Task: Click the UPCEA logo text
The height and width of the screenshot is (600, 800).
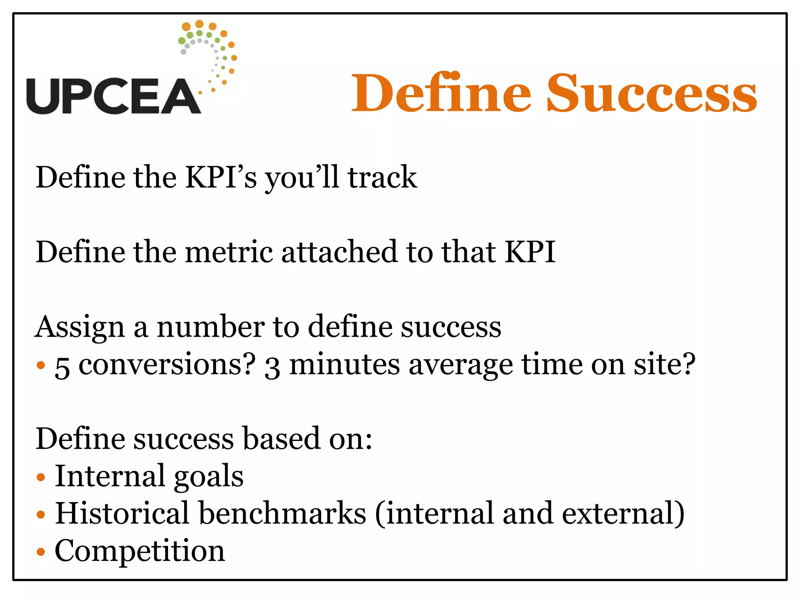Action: [x=113, y=96]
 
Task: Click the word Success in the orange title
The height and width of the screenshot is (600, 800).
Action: [x=651, y=94]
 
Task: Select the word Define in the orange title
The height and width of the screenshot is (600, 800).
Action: [x=441, y=94]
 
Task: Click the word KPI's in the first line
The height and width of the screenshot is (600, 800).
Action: [x=221, y=178]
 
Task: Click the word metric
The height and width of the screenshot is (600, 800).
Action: [x=229, y=252]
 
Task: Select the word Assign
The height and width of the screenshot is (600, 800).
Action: [x=80, y=327]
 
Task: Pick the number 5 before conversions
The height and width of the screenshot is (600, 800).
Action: [x=62, y=367]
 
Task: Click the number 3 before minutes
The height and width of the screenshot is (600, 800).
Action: [x=272, y=367]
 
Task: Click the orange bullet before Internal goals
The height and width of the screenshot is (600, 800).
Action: [x=41, y=477]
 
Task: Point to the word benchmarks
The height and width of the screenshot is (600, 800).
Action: [x=282, y=513]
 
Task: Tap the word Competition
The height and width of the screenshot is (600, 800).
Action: [x=140, y=551]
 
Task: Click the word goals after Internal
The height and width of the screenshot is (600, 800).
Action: [x=209, y=477]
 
